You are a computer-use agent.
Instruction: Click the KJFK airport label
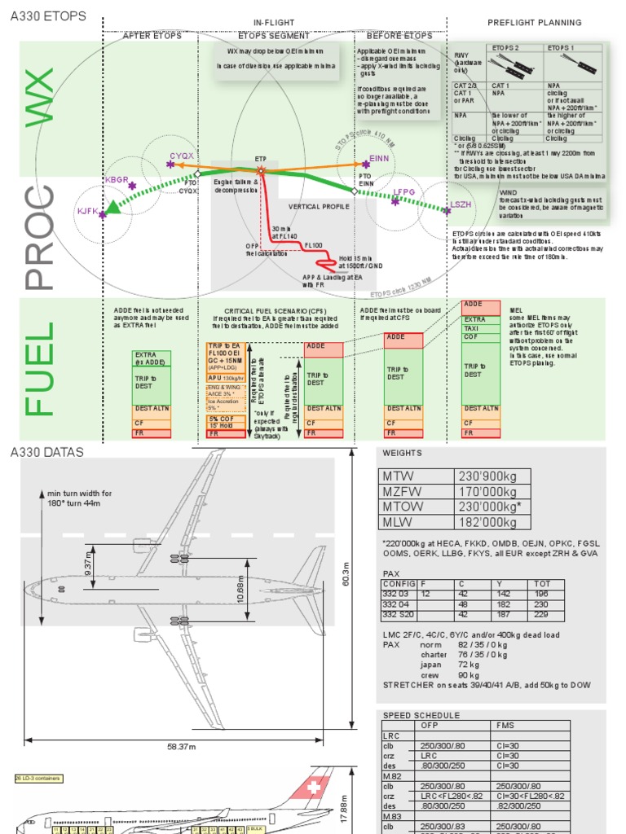click(87, 211)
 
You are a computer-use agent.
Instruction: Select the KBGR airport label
click(117, 178)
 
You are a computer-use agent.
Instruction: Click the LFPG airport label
click(404, 192)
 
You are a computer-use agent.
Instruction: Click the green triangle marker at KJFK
click(113, 208)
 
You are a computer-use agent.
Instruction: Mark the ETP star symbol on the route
click(261, 170)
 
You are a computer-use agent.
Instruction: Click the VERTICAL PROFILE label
click(319, 207)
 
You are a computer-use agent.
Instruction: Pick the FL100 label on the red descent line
click(314, 244)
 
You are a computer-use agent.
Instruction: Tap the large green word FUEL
click(41, 369)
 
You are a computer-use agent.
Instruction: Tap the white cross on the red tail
click(313, 788)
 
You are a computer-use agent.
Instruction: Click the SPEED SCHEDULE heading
click(421, 715)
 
